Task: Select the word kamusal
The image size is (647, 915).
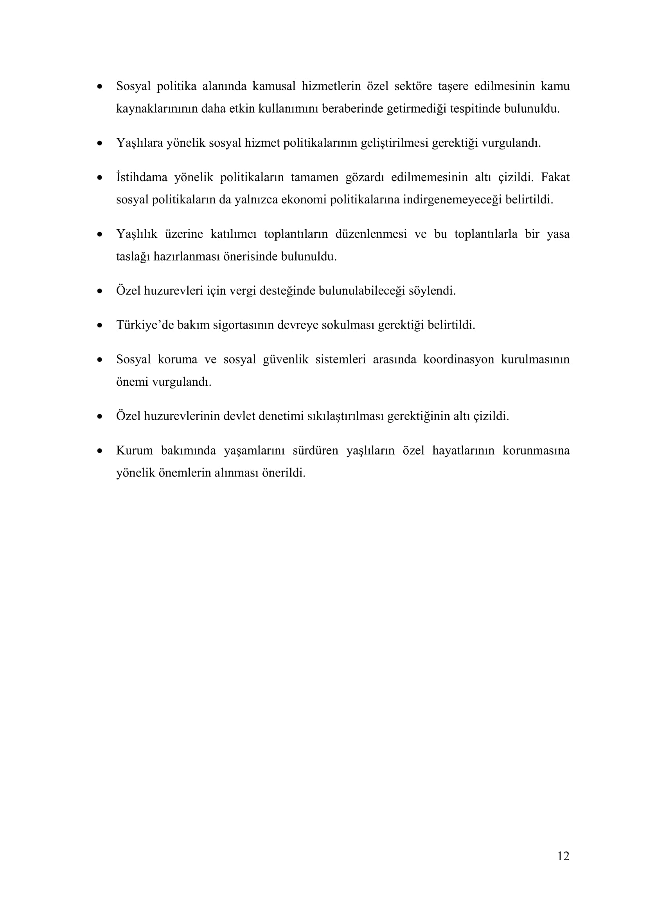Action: click(274, 86)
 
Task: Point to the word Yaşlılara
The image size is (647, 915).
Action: click(139, 143)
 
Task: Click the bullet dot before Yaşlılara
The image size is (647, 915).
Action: click(100, 143)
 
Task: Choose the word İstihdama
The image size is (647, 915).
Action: click(142, 177)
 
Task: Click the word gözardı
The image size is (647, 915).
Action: click(365, 177)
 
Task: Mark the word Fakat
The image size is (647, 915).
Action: click(555, 177)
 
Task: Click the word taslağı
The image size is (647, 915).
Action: click(132, 257)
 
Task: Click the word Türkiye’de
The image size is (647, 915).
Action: click(145, 325)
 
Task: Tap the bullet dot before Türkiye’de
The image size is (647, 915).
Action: click(100, 325)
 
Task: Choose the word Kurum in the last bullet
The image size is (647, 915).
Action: click(134, 451)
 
